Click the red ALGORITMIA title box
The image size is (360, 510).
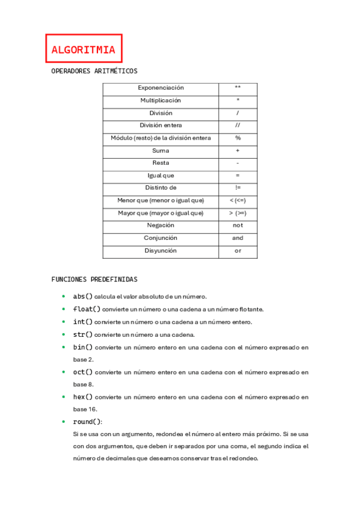[84, 49]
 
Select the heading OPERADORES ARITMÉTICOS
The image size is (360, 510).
[94, 71]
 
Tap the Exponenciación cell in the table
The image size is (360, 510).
[160, 88]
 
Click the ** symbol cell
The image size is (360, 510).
[237, 88]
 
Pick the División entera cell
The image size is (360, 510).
[160, 126]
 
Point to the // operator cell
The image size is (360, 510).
[237, 126]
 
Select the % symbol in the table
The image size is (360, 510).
[237, 138]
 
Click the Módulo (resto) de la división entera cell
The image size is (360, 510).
[160, 138]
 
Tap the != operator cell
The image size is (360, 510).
[237, 188]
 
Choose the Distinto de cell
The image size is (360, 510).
[160, 188]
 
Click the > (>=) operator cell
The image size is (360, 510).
[237, 214]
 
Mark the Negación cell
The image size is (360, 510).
[160, 226]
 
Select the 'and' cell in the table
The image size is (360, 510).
[237, 238]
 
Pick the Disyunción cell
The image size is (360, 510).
[160, 251]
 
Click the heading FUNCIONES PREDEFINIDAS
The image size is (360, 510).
[94, 280]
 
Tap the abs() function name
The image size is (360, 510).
[83, 296]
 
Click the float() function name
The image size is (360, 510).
[87, 309]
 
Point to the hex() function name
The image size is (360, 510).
[83, 397]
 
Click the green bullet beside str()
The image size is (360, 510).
[64, 334]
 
